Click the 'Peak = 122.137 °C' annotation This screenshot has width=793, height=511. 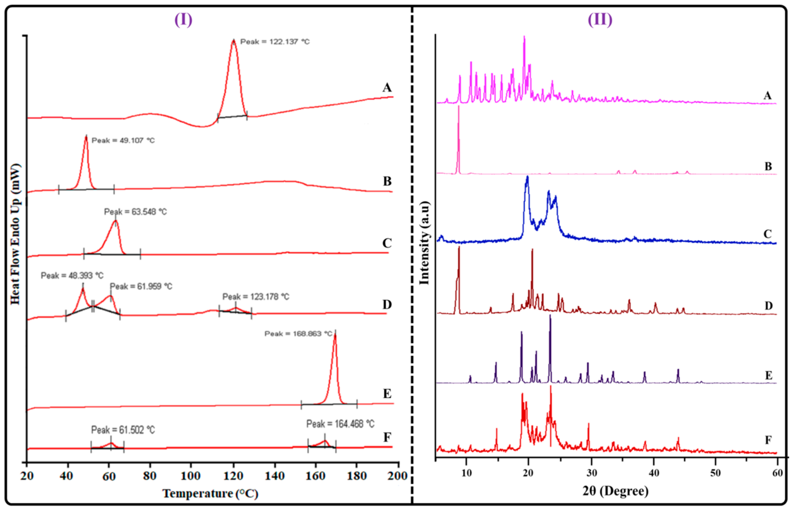[275, 42]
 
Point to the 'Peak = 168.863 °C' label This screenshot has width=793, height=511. [298, 334]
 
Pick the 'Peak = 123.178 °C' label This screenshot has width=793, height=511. [256, 297]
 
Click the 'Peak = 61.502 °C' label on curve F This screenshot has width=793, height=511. [123, 430]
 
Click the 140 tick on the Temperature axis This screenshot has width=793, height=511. [275, 476]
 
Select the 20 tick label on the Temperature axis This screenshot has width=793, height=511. [27, 476]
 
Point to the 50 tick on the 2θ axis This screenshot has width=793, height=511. [715, 473]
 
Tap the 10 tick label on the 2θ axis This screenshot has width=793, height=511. [466, 473]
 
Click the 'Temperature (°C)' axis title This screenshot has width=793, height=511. [210, 493]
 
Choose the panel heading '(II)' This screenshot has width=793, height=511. [600, 20]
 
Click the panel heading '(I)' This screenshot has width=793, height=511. [183, 20]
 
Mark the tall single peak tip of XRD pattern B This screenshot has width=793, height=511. [459, 107]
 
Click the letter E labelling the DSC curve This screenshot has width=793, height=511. [387, 394]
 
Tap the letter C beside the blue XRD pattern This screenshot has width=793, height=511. [767, 234]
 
